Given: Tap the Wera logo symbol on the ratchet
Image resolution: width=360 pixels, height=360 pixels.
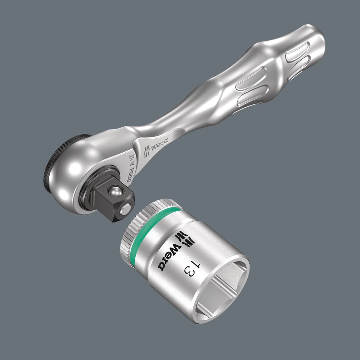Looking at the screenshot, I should coord(147,152).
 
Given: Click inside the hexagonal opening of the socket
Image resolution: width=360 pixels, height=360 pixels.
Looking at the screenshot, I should coord(220,288).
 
